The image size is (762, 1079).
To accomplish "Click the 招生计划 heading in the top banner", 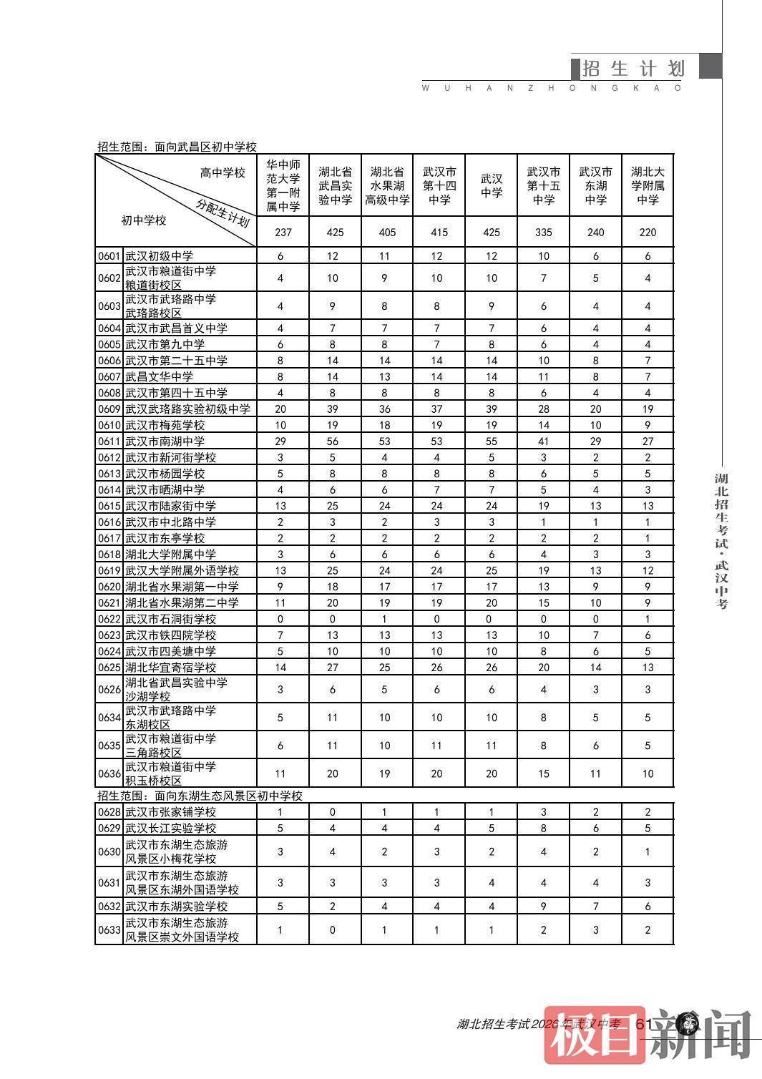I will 633,68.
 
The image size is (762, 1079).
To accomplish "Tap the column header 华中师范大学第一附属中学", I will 283,185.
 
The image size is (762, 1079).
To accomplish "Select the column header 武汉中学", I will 491,185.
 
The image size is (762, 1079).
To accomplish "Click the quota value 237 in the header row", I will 283,232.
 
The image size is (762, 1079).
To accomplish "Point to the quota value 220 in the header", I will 648,232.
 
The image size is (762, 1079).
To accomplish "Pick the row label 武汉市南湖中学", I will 165,441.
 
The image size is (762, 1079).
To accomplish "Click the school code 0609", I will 109,409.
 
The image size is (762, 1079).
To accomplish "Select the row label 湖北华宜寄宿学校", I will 170,668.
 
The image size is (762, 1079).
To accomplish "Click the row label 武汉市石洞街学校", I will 170,619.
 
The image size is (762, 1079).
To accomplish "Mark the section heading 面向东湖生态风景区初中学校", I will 200,796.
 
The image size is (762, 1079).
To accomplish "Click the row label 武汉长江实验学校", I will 170,828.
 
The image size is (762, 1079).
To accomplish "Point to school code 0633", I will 109,930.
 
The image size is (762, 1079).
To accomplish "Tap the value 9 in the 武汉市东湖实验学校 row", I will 543,907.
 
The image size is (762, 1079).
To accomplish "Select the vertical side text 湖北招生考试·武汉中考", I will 721,540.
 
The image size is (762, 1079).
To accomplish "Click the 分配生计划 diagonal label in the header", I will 223,212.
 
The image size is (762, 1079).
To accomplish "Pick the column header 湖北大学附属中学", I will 648,185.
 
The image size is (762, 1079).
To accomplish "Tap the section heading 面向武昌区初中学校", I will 177,147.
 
